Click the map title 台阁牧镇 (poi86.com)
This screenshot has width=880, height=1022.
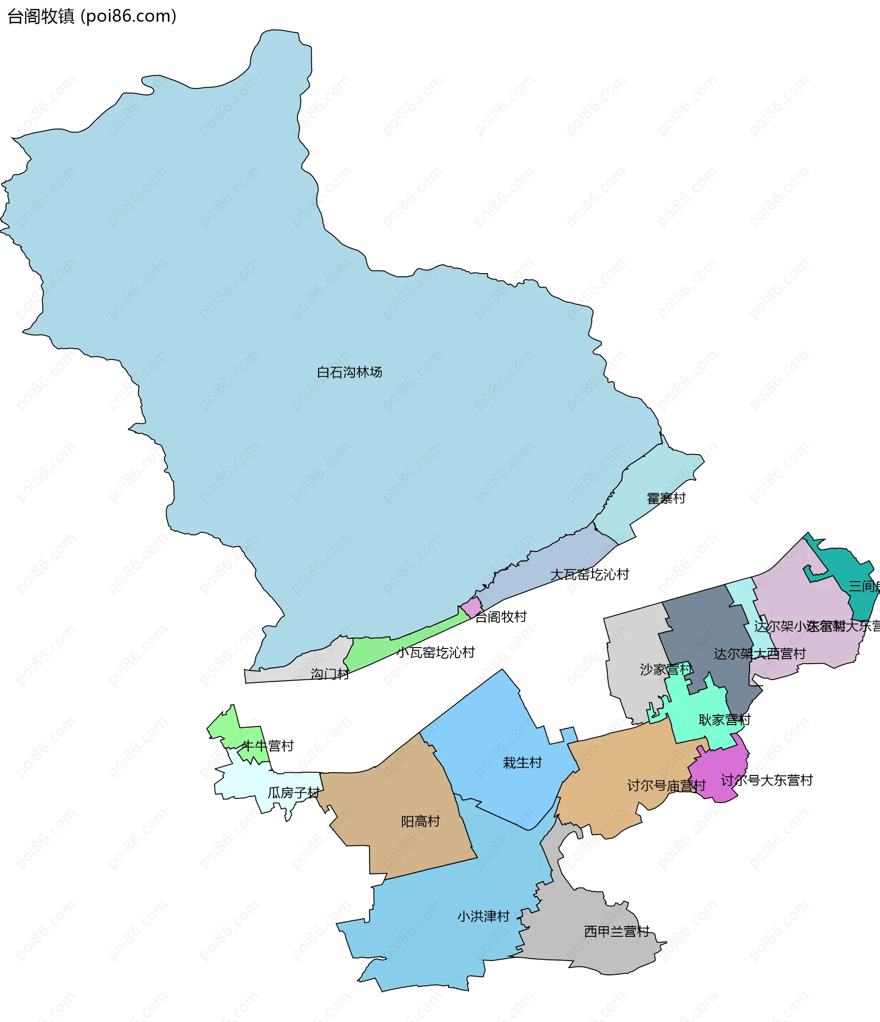[92, 16]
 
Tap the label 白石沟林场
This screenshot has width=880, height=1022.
[349, 373]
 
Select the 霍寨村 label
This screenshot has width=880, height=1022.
[666, 499]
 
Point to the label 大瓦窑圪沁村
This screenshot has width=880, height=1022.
[589, 575]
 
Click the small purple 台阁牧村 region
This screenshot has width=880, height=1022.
[472, 607]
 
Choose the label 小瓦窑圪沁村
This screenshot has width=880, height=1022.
[435, 653]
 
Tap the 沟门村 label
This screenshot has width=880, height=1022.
[330, 674]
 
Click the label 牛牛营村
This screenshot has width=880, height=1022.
[268, 746]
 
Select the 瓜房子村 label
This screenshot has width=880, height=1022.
[293, 793]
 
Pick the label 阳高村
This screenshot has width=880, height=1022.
[420, 821]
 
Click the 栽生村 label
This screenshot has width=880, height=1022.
[522, 763]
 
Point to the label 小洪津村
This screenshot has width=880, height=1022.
[483, 917]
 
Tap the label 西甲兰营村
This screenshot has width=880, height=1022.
[616, 931]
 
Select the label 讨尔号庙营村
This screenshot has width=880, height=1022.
[666, 786]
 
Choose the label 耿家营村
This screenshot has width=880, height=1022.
[724, 720]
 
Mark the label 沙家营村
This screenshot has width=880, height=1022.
[666, 670]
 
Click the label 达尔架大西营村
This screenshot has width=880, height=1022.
[759, 654]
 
